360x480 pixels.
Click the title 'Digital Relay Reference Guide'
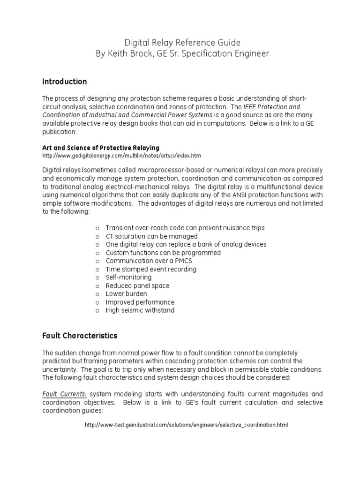coord(180,42)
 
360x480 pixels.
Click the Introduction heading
coord(64,82)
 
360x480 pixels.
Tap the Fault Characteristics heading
coord(80,336)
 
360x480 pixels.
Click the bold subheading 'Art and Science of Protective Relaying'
coord(101,148)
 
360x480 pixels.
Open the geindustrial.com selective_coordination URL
coord(186,425)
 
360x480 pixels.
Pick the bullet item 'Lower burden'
coord(126,294)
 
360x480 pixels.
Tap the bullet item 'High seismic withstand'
coord(140,310)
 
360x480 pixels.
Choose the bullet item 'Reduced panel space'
coord(137,285)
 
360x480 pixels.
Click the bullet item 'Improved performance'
coord(140,302)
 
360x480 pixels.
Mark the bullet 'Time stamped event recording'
coord(151,269)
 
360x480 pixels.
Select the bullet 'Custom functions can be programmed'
coord(163,253)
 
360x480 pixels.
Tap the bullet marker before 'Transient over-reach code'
coord(97,228)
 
